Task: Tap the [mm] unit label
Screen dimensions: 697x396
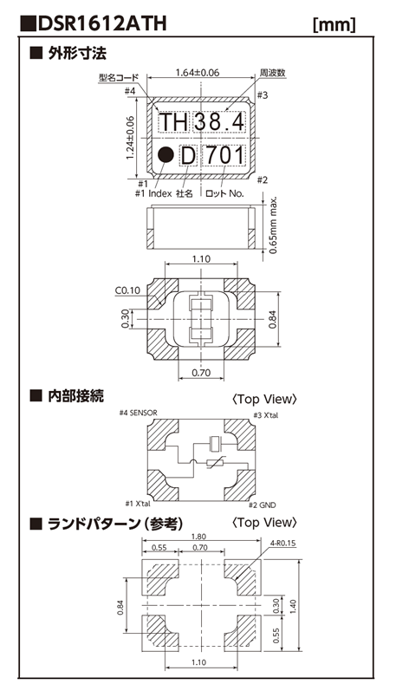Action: point(333,25)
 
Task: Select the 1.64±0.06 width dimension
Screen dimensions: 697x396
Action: point(198,74)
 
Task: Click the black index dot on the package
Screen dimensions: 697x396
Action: point(165,156)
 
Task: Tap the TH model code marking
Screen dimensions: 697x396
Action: point(173,122)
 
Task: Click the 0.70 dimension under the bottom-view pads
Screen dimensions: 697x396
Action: point(201,373)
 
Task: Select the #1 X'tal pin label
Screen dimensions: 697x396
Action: point(140,505)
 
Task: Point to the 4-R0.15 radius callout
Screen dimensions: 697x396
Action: point(282,544)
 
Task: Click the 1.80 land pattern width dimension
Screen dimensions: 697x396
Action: point(201,537)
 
